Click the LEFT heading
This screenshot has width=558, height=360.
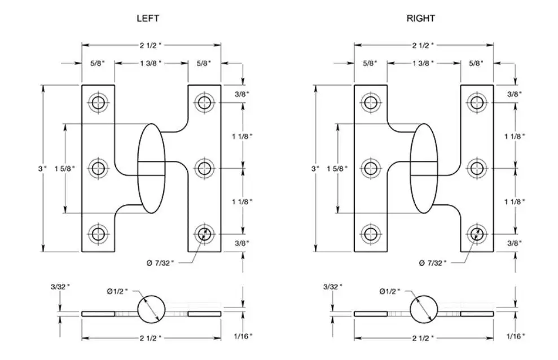[148, 18]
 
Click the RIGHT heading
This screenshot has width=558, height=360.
[421, 18]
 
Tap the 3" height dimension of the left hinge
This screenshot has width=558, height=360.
[42, 168]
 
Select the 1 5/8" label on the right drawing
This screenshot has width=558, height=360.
[337, 168]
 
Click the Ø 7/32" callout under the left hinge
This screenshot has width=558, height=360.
[160, 263]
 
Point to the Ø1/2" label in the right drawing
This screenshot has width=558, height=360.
[390, 291]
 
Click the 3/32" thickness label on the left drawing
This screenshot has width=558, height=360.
[60, 287]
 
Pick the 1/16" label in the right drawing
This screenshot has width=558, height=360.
[516, 336]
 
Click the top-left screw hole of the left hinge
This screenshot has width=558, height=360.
[98, 103]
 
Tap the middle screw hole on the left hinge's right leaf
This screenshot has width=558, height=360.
[204, 168]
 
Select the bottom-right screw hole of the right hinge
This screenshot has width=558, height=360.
[477, 234]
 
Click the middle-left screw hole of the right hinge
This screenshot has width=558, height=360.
[371, 168]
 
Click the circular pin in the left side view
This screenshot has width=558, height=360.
[151, 309]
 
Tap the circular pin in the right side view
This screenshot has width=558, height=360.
[424, 309]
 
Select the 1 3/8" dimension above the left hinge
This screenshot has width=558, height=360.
[151, 63]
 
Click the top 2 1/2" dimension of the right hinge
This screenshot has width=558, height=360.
[423, 45]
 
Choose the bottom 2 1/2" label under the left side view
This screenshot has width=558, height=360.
[151, 338]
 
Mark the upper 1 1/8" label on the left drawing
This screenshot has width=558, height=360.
[243, 136]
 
